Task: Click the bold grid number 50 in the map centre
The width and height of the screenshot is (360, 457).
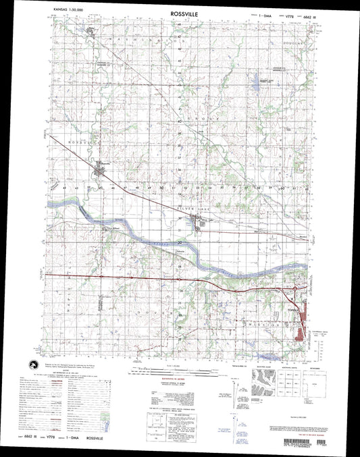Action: [x=162, y=187]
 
